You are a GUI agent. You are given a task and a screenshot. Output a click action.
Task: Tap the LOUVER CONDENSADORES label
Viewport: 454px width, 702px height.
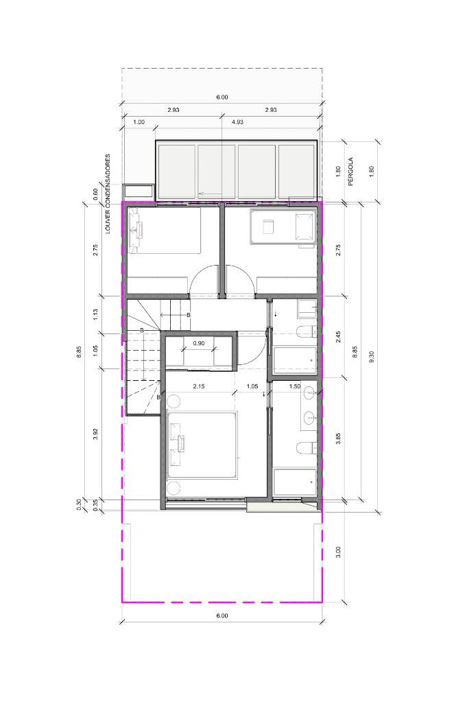pyautogui.click(x=108, y=194)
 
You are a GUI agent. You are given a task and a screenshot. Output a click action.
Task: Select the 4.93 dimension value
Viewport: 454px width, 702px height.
pyautogui.click(x=237, y=122)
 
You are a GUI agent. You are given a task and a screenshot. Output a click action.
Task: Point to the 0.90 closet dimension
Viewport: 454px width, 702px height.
pyautogui.click(x=198, y=343)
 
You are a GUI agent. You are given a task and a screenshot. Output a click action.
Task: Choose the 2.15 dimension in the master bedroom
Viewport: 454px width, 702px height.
pyautogui.click(x=199, y=387)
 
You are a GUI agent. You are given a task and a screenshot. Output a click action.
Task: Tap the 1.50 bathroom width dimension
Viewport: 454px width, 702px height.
pyautogui.click(x=295, y=387)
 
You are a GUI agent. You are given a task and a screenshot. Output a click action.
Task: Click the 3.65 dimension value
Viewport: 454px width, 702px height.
pyautogui.click(x=339, y=438)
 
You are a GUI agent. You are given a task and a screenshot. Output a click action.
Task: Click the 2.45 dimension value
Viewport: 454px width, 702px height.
pyautogui.click(x=339, y=337)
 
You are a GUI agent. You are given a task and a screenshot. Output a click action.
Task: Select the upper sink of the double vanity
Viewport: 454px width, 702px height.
pyautogui.click(x=309, y=393)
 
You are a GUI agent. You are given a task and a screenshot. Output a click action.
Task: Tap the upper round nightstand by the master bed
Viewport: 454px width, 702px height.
pyautogui.click(x=173, y=400)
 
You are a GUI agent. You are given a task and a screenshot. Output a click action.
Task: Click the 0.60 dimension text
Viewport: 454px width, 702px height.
pyautogui.click(x=95, y=193)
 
